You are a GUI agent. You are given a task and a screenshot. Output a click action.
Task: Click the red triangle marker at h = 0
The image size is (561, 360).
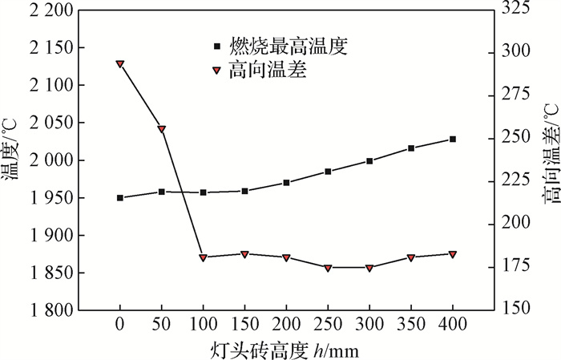(120, 64)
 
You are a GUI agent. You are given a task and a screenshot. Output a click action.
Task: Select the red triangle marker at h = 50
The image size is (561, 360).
(162, 129)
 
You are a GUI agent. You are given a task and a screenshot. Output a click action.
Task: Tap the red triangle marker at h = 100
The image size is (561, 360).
(204, 257)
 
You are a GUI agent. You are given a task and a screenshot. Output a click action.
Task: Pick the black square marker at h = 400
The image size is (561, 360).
(453, 139)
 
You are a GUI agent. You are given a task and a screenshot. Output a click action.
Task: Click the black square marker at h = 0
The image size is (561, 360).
(120, 197)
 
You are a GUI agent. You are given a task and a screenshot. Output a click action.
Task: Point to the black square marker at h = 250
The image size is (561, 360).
(328, 172)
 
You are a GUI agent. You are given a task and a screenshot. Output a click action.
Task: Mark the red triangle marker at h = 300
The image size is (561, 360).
(369, 268)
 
